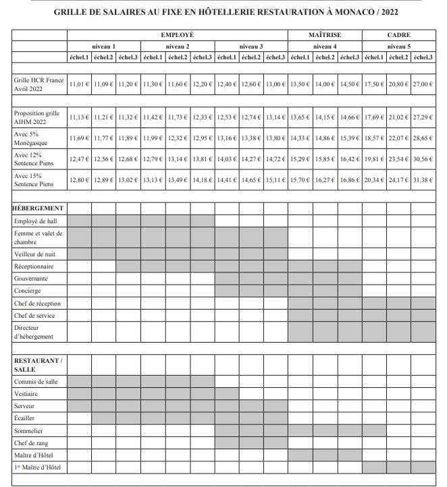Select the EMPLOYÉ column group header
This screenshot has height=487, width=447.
178,35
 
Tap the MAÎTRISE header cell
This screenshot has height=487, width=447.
325,35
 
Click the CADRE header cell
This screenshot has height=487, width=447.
398,35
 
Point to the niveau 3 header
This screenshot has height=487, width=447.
251,47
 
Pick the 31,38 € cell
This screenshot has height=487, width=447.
423,180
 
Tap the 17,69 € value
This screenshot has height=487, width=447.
373,117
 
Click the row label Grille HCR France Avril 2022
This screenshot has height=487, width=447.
38,84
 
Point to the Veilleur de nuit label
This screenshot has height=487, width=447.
35,254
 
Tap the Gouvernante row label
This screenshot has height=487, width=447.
31,279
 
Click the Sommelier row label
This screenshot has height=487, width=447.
28,430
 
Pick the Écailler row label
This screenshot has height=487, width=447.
26,418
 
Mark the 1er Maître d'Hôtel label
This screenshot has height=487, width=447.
39,467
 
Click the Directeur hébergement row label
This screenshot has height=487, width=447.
33,332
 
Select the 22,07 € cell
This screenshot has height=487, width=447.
398,138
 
